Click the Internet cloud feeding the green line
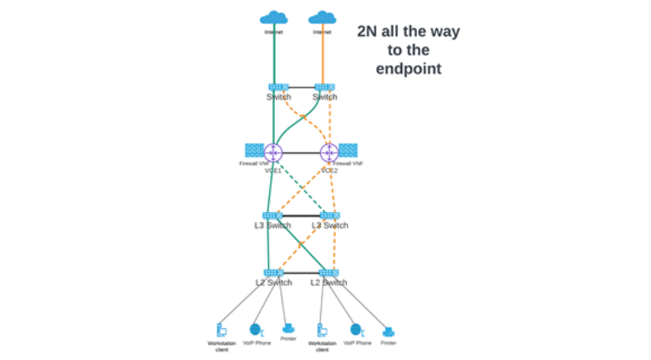point(273,18)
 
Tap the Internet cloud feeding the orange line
point(322,18)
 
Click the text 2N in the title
point(370,32)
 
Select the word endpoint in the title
point(408,68)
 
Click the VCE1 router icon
point(273,153)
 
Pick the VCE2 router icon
point(328,153)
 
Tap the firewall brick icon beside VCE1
point(253,150)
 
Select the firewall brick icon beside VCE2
point(348,150)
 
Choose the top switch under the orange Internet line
point(324,86)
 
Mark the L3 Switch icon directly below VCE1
point(273,215)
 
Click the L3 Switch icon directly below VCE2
point(329,215)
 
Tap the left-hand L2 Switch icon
point(273,272)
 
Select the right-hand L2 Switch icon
point(329,272)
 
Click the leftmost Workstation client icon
point(221,329)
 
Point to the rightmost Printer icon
point(389,331)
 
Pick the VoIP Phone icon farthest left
point(256,330)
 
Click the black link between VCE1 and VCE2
point(301,153)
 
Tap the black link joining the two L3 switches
point(301,215)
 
